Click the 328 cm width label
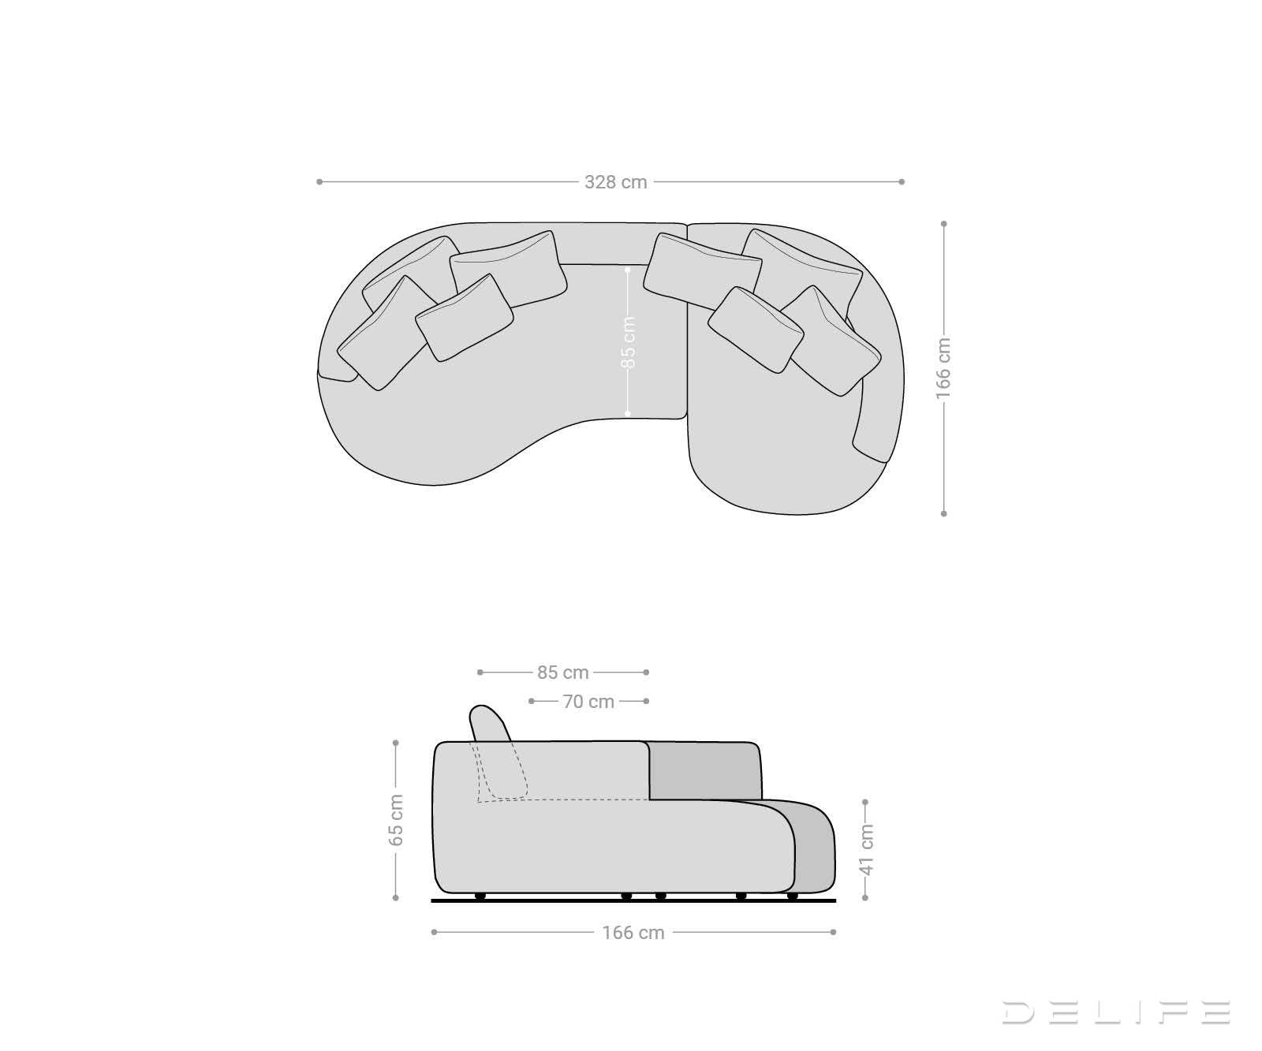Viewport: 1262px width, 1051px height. click(615, 182)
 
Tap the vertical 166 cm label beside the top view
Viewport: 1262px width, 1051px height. click(943, 368)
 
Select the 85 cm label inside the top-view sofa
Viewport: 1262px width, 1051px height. click(628, 342)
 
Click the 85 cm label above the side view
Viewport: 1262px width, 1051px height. click(563, 673)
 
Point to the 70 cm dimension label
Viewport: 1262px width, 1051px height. click(588, 701)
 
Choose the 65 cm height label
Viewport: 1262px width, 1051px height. click(396, 820)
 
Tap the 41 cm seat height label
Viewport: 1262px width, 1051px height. click(866, 849)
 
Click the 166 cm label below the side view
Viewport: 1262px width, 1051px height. click(633, 933)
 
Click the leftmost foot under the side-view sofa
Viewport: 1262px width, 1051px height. click(480, 896)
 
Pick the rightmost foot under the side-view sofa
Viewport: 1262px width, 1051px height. click(792, 896)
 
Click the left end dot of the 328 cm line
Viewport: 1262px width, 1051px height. click(319, 182)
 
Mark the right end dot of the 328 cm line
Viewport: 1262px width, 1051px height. click(902, 182)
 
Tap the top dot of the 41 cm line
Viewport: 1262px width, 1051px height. click(865, 803)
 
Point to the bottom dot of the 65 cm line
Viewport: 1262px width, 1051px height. click(396, 897)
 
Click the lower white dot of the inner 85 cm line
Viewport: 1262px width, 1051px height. click(628, 413)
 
